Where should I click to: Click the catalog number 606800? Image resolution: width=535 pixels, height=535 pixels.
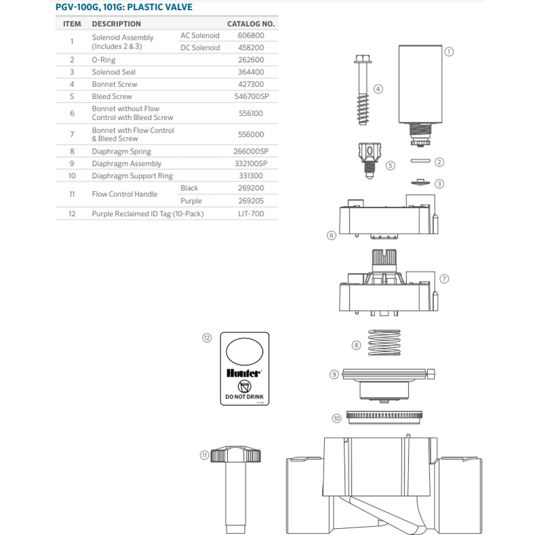pyautogui.click(x=250, y=35)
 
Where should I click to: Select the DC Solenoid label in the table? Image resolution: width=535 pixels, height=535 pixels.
pyautogui.click(x=200, y=48)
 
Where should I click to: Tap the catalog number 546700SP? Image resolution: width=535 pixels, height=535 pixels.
pyautogui.click(x=250, y=96)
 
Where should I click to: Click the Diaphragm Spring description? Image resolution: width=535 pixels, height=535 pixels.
pyautogui.click(x=121, y=151)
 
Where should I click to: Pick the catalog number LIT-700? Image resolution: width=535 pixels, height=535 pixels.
pyautogui.click(x=250, y=214)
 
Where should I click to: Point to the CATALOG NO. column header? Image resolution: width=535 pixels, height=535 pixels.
pyautogui.click(x=250, y=24)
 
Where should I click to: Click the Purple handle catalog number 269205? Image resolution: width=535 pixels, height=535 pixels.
pyautogui.click(x=250, y=201)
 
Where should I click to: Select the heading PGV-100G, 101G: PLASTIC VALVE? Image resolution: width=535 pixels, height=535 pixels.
pyautogui.click(x=124, y=8)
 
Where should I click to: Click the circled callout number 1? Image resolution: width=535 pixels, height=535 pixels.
pyautogui.click(x=448, y=51)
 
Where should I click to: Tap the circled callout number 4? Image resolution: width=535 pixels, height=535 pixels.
pyautogui.click(x=378, y=89)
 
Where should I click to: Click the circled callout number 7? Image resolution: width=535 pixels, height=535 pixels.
pyautogui.click(x=444, y=278)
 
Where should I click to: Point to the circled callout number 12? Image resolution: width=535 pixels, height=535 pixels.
pyautogui.click(x=207, y=337)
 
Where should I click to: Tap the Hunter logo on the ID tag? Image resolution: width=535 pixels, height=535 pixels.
pyautogui.click(x=244, y=373)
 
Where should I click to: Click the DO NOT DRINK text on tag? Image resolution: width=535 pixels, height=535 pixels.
pyautogui.click(x=244, y=396)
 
